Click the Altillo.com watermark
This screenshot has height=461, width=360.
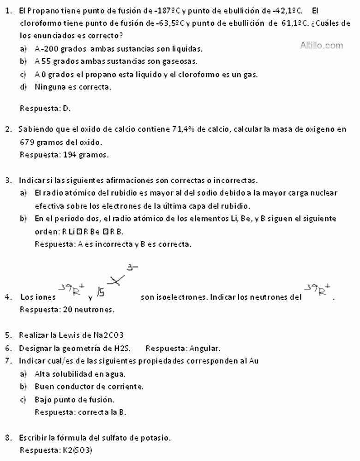point(322,45)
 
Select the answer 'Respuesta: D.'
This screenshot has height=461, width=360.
point(45,108)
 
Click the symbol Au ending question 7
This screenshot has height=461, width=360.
point(253,361)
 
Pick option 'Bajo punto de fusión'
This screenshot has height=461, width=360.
point(75,399)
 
